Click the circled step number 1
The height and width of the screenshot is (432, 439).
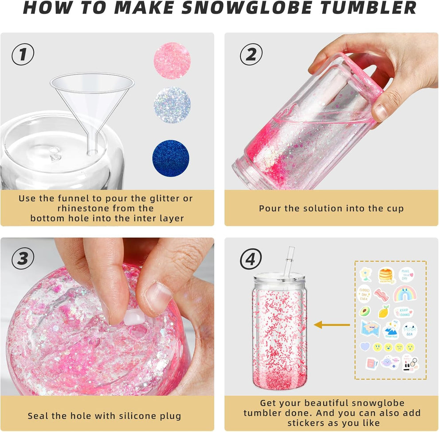23,54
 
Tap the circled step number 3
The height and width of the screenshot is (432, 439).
23,259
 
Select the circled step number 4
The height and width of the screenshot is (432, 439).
251,259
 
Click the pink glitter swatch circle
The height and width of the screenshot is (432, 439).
172,61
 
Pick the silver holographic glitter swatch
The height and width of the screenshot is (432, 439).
172,105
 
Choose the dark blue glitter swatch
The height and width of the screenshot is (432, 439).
171,158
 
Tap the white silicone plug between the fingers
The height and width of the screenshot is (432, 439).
134,317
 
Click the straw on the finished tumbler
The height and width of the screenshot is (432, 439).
290,259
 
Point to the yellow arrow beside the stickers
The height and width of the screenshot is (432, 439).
332,325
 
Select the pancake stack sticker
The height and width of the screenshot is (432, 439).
386,275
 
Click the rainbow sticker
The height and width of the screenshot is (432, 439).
404,293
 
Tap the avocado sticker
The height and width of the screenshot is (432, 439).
365,311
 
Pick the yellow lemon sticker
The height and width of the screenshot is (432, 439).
384,311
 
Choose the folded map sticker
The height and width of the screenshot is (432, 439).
369,329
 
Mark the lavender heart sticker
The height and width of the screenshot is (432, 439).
365,346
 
